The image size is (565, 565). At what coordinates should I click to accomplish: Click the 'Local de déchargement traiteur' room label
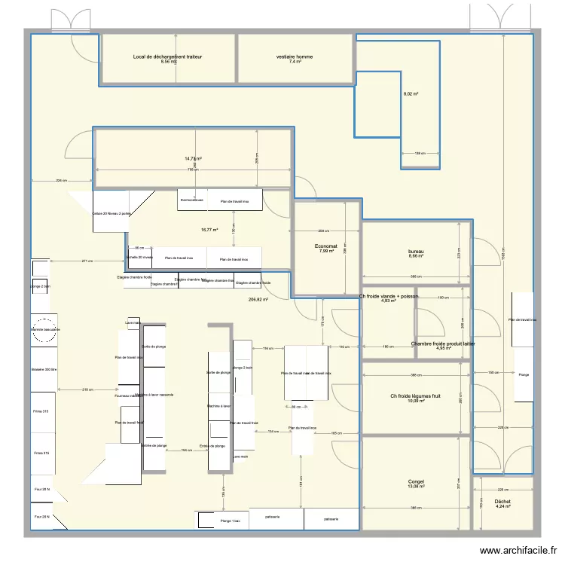coord(167,56)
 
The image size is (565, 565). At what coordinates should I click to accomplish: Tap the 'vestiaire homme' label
coord(295,56)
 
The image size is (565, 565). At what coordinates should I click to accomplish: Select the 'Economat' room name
coord(326,246)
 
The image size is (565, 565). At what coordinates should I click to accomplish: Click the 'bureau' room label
coord(416,251)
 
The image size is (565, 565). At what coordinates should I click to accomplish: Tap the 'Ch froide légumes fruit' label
coord(416,396)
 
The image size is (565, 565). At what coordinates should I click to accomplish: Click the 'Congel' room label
coord(416,481)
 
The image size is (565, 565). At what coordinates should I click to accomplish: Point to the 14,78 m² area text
coord(194,159)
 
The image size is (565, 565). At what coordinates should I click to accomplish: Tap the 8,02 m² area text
coord(411,94)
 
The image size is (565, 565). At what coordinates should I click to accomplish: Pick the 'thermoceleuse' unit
coord(192,200)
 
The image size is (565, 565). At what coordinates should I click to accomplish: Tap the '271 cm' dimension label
coord(89,261)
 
